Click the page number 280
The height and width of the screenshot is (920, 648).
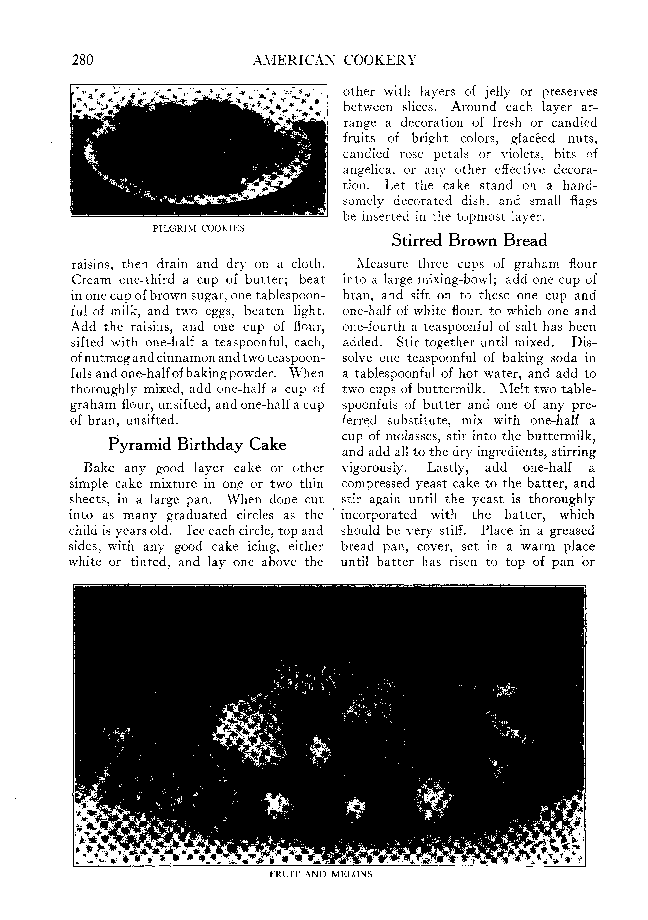83,60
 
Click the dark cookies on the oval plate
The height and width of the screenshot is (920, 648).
192,150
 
